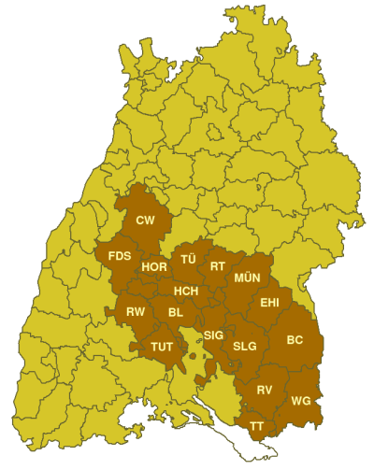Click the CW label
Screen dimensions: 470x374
click(145, 221)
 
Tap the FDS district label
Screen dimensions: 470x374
click(120, 256)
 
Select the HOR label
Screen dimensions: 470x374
click(154, 267)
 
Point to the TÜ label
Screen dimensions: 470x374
click(188, 258)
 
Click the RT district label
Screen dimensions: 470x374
click(218, 266)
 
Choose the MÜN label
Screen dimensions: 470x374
click(248, 278)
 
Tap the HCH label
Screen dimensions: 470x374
click(186, 292)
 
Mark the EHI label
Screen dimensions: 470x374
click(269, 303)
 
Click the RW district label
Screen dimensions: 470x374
click(137, 312)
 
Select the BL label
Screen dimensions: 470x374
click(175, 312)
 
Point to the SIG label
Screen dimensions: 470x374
click(213, 335)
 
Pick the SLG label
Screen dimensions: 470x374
click(244, 346)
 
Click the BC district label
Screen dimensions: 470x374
click(295, 339)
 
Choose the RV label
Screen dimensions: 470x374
click(265, 389)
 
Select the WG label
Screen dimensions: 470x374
click(301, 401)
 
